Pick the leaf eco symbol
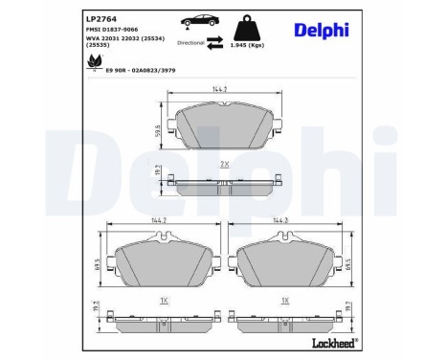click(95, 61)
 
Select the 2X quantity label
click(224, 165)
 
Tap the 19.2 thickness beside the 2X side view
click(158, 173)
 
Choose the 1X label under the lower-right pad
click(285, 300)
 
